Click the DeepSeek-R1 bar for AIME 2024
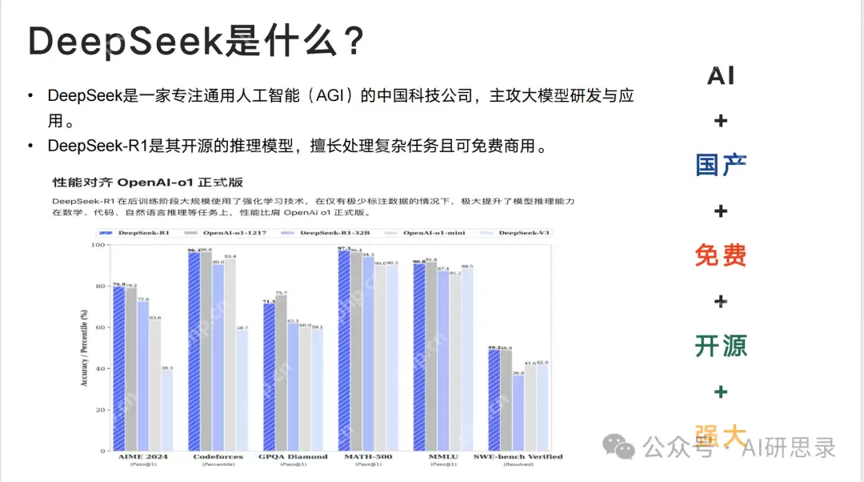point(118,368)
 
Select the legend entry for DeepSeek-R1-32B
point(327,233)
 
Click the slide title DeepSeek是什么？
point(197,41)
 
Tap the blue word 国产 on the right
point(721,166)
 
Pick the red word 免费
point(721,255)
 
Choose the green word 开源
point(721,346)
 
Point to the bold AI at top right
point(721,76)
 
